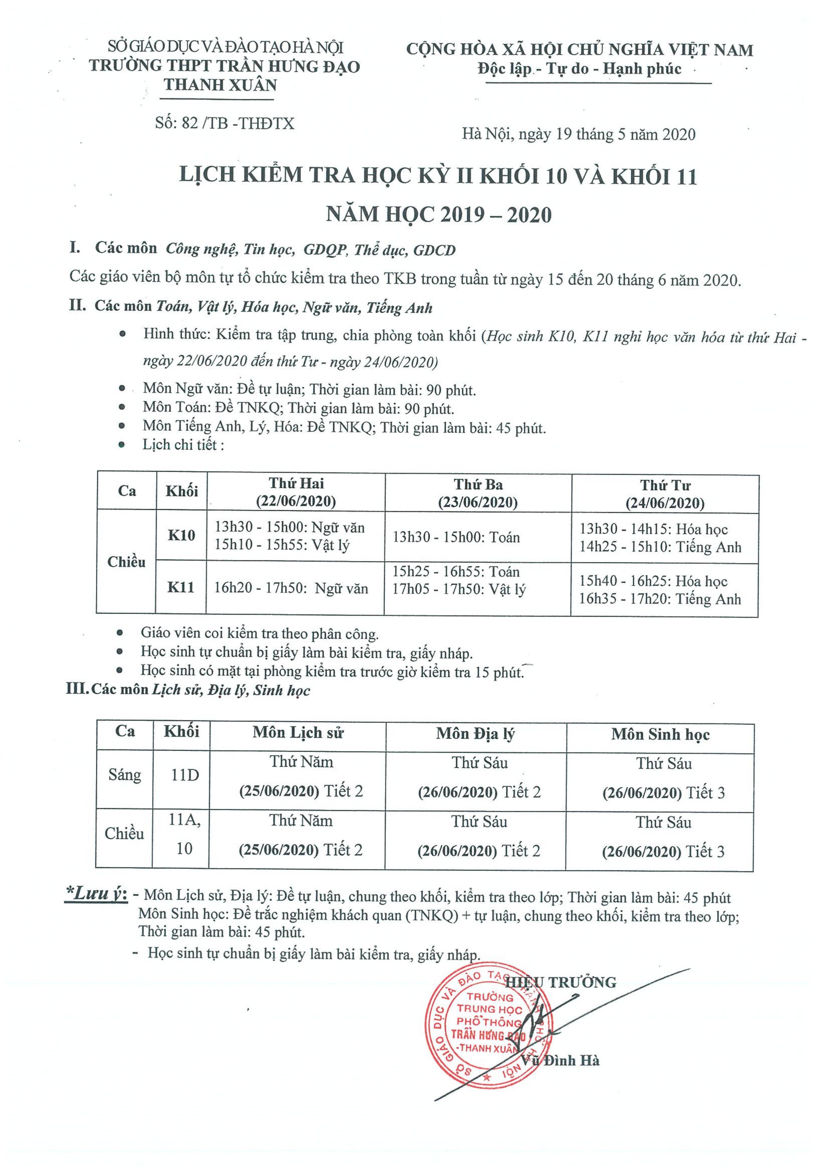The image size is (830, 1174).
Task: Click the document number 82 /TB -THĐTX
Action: (225, 123)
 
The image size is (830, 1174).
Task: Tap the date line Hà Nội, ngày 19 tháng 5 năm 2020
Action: (579, 134)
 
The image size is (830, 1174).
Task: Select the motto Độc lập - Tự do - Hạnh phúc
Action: (580, 69)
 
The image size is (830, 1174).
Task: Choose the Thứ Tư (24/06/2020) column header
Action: (665, 494)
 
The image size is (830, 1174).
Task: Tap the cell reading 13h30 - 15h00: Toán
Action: (456, 537)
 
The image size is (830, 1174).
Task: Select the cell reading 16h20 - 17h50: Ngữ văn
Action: (291, 588)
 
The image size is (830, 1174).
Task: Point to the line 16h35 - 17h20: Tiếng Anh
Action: (660, 599)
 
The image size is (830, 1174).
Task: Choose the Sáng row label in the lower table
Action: (124, 775)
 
